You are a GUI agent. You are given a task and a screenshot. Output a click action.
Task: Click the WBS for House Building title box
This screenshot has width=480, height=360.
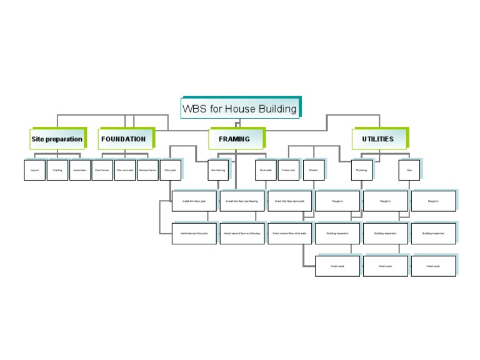[239, 109]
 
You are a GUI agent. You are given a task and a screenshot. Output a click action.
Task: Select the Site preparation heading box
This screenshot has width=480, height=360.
[56, 139]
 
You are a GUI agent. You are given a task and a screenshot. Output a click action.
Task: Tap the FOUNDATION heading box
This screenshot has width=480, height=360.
[124, 139]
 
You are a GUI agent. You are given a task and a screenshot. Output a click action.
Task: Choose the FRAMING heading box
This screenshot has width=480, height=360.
[234, 139]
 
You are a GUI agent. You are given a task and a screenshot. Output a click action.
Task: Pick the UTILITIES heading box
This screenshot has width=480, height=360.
[378, 139]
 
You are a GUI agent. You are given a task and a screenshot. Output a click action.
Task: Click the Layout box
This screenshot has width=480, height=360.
[34, 170]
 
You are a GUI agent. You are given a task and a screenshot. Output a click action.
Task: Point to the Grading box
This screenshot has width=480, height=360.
[57, 170]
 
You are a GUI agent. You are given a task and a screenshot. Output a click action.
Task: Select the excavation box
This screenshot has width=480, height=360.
[79, 170]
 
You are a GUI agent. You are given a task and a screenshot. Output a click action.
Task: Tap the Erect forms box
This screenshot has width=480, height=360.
[102, 170]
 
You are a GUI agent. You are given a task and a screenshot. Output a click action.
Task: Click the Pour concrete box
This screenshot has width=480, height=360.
[125, 170]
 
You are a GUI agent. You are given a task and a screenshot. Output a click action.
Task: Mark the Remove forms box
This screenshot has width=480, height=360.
[147, 170]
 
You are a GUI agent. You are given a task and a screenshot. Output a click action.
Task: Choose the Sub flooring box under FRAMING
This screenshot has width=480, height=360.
[217, 170]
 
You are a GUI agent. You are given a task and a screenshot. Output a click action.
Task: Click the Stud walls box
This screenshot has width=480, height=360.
[266, 170]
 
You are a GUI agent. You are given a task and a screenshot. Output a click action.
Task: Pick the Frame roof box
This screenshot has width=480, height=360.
[288, 170]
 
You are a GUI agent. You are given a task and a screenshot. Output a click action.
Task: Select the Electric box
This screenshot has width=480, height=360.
[313, 170]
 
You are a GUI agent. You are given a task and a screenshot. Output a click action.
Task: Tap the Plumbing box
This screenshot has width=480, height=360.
[361, 170]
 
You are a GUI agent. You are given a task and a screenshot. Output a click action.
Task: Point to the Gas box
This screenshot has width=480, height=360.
[409, 170]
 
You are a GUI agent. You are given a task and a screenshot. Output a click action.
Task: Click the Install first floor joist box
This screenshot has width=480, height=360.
[194, 201]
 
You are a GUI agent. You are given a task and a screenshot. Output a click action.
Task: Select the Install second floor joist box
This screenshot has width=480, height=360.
[194, 233]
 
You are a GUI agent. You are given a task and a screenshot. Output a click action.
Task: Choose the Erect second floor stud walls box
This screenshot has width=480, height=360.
[290, 233]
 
